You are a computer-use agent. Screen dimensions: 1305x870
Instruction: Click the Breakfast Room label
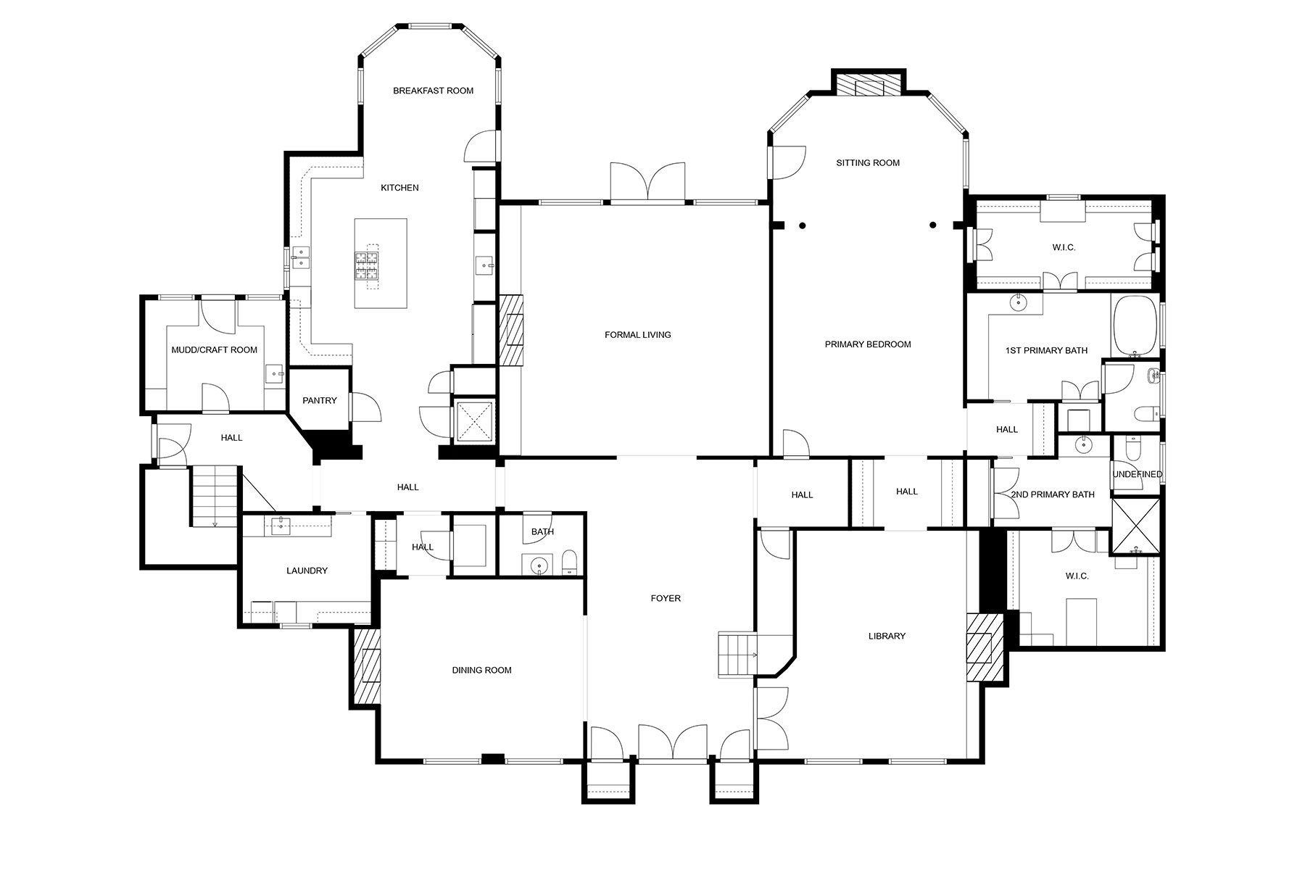coord(433,91)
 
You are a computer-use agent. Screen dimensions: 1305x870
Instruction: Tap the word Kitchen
coord(400,188)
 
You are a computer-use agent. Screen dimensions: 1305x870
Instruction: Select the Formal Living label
coord(638,335)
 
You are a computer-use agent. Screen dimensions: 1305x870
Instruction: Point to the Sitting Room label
coord(868,163)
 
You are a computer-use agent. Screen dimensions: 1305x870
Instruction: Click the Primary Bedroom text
coord(868,344)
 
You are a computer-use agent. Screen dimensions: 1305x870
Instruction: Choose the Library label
coord(887,637)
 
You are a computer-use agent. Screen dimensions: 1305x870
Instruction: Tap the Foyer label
coord(666,599)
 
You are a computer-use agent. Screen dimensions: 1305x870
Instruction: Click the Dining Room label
coord(482,671)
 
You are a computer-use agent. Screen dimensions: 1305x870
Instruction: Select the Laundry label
coord(307,571)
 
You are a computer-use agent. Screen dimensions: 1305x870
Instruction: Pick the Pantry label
coord(320,401)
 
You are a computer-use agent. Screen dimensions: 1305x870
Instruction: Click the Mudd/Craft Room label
coord(215,350)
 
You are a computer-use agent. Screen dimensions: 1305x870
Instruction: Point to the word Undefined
coord(1138,475)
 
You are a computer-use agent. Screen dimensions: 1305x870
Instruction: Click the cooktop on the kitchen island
coord(367,265)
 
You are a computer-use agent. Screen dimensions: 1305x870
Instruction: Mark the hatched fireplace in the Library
coord(985,647)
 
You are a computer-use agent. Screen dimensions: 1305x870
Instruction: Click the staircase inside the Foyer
coord(737,655)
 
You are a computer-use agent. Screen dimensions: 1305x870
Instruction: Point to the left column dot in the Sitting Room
coord(803,225)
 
